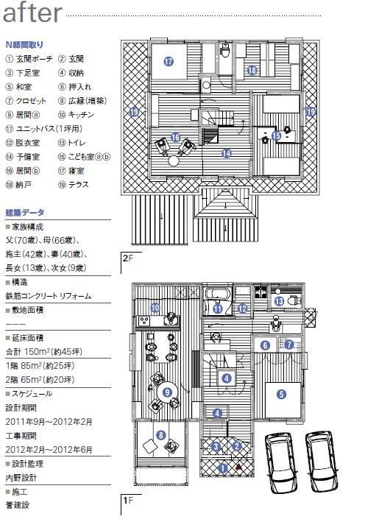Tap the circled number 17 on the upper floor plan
[x=169, y=63]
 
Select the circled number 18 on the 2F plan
[x=252, y=71]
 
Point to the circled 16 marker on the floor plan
[x=175, y=137]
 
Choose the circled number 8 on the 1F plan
[x=161, y=435]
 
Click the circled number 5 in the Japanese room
[x=281, y=394]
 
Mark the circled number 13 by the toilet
[x=280, y=302]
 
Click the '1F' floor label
[x=127, y=503]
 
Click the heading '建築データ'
[x=24, y=213]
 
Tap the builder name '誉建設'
[x=18, y=505]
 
